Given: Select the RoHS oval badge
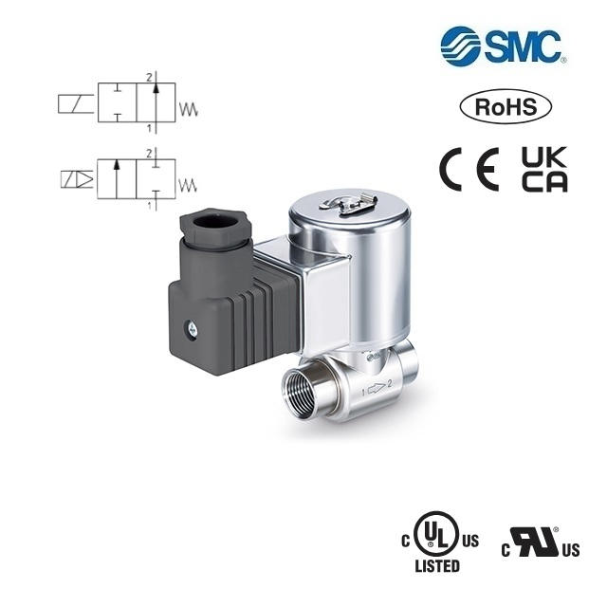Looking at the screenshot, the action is tap(506, 106).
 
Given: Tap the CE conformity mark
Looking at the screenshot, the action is tap(469, 170).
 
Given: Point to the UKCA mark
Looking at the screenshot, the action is tap(544, 170).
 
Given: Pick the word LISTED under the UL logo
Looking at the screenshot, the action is tap(437, 566).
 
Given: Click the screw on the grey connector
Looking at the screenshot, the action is tap(192, 329).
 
